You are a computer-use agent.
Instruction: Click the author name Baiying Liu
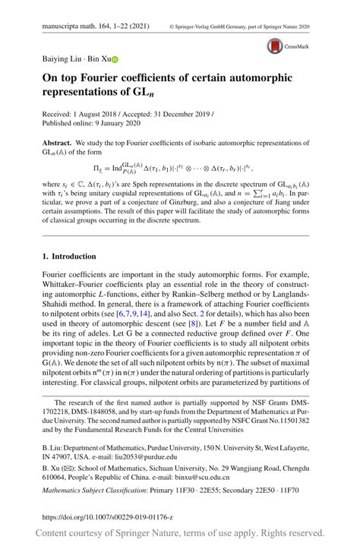click(x=62, y=58)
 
